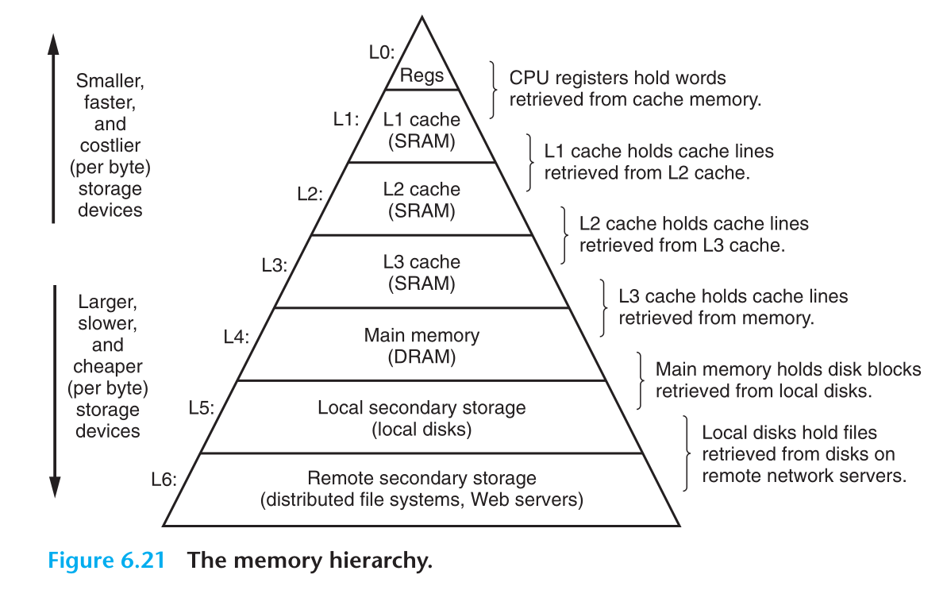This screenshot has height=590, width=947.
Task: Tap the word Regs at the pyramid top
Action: pyautogui.click(x=422, y=76)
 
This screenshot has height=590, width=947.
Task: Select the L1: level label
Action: pyautogui.click(x=345, y=120)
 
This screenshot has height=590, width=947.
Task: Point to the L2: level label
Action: pyautogui.click(x=310, y=193)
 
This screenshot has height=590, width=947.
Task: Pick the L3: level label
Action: pyautogui.click(x=274, y=266)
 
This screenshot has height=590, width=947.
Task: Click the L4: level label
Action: pyautogui.click(x=236, y=337)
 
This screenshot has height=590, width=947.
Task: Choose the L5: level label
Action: pyautogui.click(x=201, y=409)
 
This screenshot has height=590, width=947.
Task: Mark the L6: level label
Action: pyautogui.click(x=164, y=480)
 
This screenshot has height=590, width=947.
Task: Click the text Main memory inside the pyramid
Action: pyautogui.click(x=422, y=335)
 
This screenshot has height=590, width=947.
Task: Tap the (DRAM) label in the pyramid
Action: pyautogui.click(x=422, y=357)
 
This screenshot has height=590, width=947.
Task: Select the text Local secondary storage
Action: pyautogui.click(x=422, y=407)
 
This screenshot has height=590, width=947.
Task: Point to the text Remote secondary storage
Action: pyautogui.click(x=422, y=478)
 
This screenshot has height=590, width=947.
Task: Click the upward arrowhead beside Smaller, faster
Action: pyautogui.click(x=54, y=44)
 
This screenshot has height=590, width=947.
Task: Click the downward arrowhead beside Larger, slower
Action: pyautogui.click(x=54, y=488)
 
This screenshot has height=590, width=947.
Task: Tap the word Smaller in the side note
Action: pyautogui.click(x=110, y=81)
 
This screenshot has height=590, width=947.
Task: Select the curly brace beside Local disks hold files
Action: pyautogui.click(x=688, y=454)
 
